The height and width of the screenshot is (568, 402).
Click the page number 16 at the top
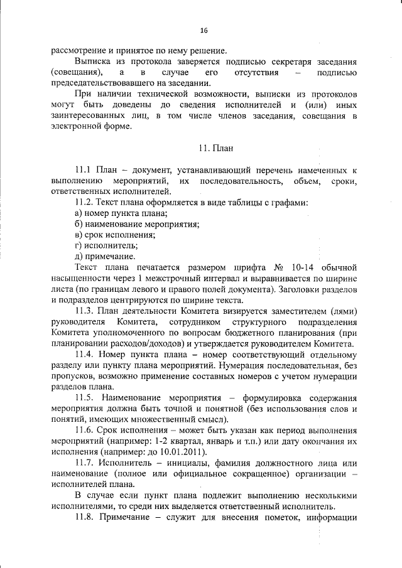coord(204,31)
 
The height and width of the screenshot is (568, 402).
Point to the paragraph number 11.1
coord(84,170)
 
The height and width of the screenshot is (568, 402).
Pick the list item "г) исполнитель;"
coord(97,245)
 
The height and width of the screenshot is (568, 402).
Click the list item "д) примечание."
coord(99,256)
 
